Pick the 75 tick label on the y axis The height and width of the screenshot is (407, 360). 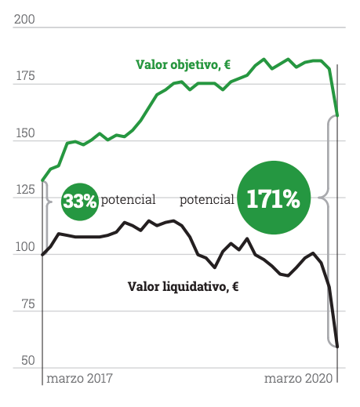tap(27, 305)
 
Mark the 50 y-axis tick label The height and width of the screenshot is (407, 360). tap(27, 362)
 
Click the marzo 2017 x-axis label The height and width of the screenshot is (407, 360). tap(79, 379)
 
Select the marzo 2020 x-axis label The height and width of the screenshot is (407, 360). tap(296, 379)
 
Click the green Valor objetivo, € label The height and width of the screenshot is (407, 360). tap(182, 64)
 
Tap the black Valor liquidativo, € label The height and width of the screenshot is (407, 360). tap(183, 286)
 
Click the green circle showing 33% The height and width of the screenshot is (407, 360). tap(80, 201)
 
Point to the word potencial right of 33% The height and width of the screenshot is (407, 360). tap(127, 200)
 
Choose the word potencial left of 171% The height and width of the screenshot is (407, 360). tap(207, 200)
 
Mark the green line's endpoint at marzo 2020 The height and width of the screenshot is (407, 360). tap(337, 115)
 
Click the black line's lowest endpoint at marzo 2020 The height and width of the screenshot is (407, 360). tap(337, 346)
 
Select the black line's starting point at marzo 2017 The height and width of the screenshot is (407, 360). tap(42, 255)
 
